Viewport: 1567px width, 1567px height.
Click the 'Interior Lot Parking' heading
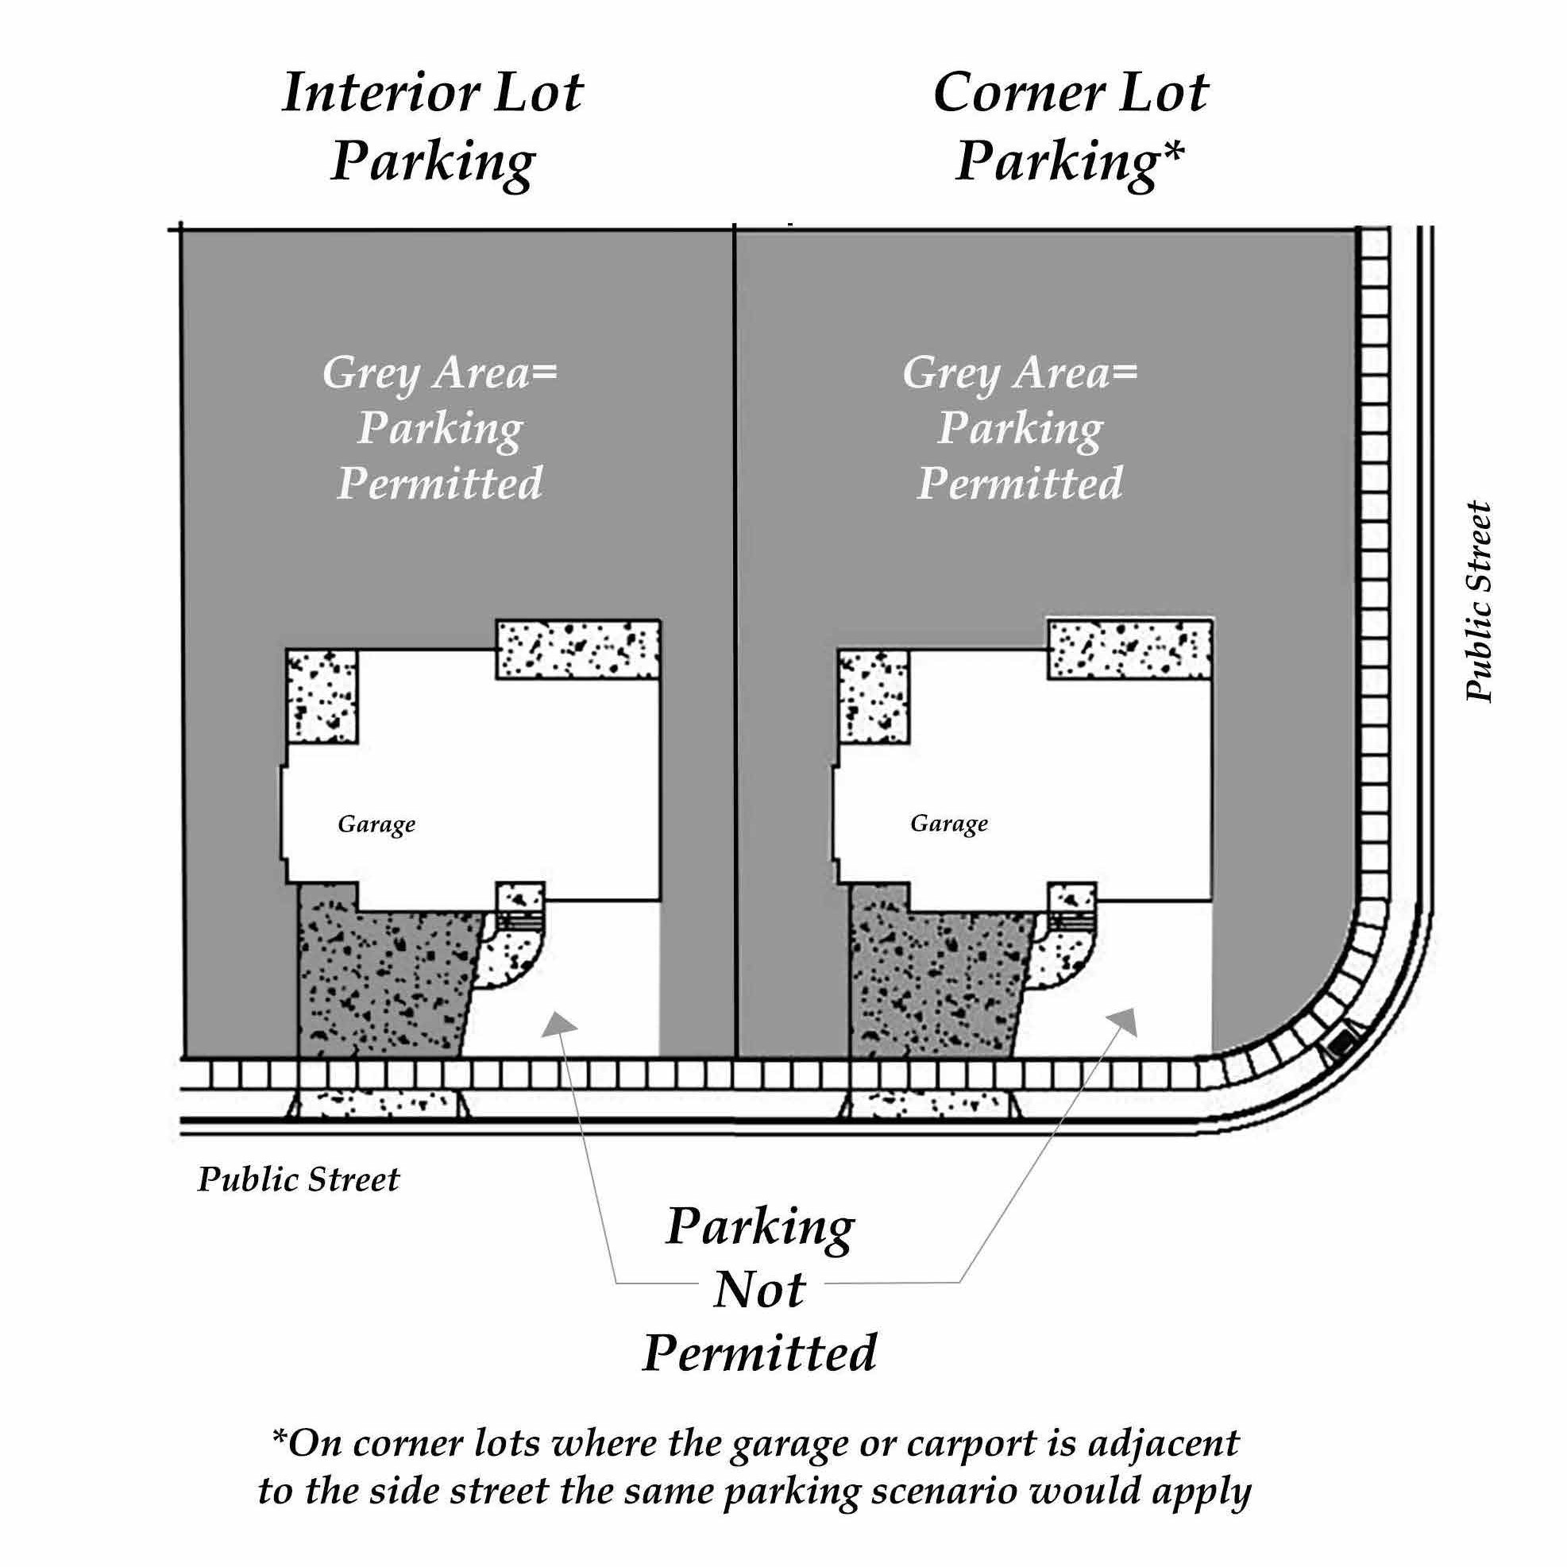tap(433, 126)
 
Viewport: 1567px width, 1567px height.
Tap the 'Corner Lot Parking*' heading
tap(1071, 126)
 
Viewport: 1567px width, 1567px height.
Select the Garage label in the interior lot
tap(376, 824)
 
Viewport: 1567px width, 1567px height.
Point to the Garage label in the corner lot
tap(949, 824)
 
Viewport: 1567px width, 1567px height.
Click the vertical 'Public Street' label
tap(1479, 602)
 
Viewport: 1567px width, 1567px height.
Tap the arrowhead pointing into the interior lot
tap(558, 1024)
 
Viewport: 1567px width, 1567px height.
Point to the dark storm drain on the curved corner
tap(1342, 1043)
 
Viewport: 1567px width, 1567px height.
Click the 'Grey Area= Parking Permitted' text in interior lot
tap(440, 428)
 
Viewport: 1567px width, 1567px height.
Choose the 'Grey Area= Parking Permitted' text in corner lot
tap(1020, 428)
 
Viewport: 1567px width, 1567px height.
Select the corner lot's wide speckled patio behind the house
tap(1130, 649)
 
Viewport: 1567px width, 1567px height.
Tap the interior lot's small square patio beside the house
tap(322, 696)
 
